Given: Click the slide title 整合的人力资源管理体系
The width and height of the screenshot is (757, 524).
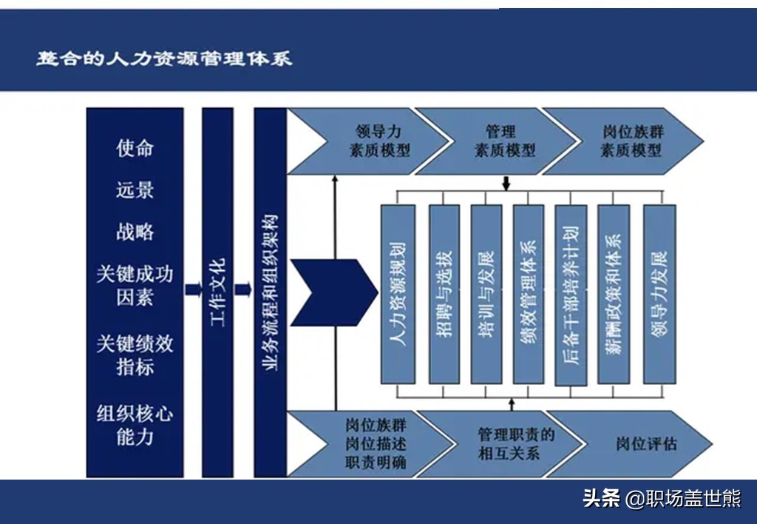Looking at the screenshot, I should pos(164,58).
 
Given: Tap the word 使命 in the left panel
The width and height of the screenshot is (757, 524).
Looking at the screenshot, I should pos(135,149).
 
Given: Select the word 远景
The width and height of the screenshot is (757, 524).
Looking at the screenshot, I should pos(135,190).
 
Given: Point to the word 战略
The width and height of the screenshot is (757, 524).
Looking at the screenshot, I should pos(135,232).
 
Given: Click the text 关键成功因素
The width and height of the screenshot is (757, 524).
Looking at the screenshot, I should pos(135,286).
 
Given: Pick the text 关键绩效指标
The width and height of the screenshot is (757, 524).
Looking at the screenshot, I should pos(135,355).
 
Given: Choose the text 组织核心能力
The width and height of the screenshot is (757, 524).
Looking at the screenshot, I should pos(135,424).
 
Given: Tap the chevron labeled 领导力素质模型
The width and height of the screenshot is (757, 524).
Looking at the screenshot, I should pos(377,141).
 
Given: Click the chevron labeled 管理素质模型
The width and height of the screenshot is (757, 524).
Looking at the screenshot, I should pos(503,141).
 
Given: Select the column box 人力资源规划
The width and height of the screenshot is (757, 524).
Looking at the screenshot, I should pos(398,294).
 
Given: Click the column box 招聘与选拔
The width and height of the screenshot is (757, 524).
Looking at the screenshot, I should pos(444,294).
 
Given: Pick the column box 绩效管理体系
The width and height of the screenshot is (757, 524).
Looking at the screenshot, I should pos(529,294).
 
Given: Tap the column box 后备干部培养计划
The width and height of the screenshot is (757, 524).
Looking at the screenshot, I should pos(571,294).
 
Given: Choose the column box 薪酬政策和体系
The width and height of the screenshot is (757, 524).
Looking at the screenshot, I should pos(614,294).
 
